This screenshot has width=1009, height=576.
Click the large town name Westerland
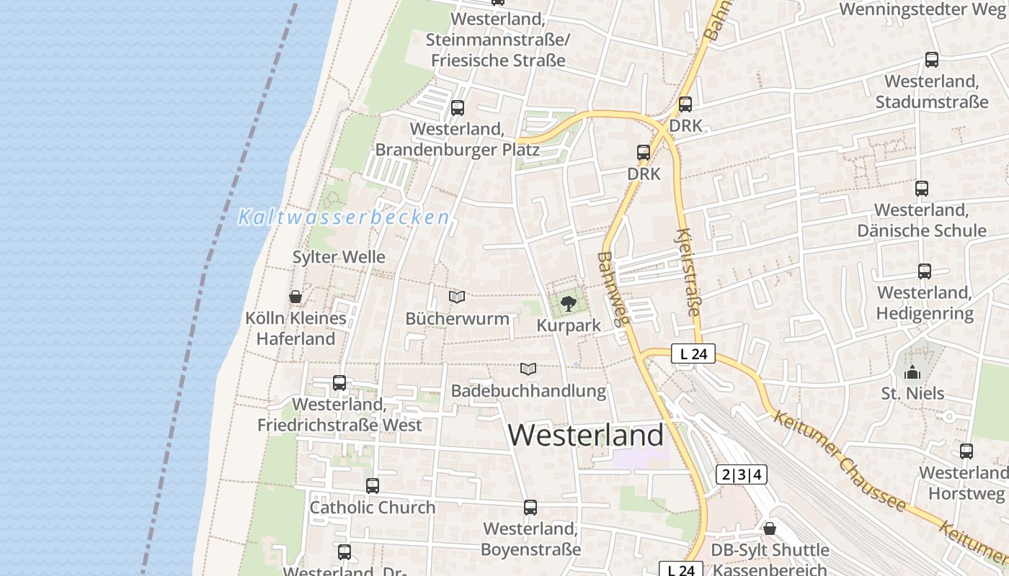click(586, 435)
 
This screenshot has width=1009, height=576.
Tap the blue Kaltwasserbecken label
click(344, 217)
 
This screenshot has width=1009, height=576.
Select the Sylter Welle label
click(339, 257)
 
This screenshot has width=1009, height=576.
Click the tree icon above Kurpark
click(569, 303)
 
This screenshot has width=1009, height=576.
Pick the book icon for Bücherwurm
click(457, 297)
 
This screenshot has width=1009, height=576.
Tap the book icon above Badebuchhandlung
click(528, 369)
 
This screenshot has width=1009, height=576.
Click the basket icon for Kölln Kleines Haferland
click(295, 297)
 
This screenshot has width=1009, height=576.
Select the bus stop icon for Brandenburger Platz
click(458, 108)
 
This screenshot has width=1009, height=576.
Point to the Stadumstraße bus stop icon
click(932, 60)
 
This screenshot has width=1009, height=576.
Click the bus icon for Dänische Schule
click(922, 189)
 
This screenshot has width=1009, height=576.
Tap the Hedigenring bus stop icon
click(925, 271)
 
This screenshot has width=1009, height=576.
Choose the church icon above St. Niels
click(912, 372)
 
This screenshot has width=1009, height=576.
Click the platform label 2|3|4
click(741, 474)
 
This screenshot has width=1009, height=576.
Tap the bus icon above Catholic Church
click(373, 486)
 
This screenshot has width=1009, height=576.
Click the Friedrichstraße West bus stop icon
click(339, 383)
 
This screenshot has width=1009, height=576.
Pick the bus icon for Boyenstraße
click(530, 508)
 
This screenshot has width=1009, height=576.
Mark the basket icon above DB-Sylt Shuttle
click(770, 528)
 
